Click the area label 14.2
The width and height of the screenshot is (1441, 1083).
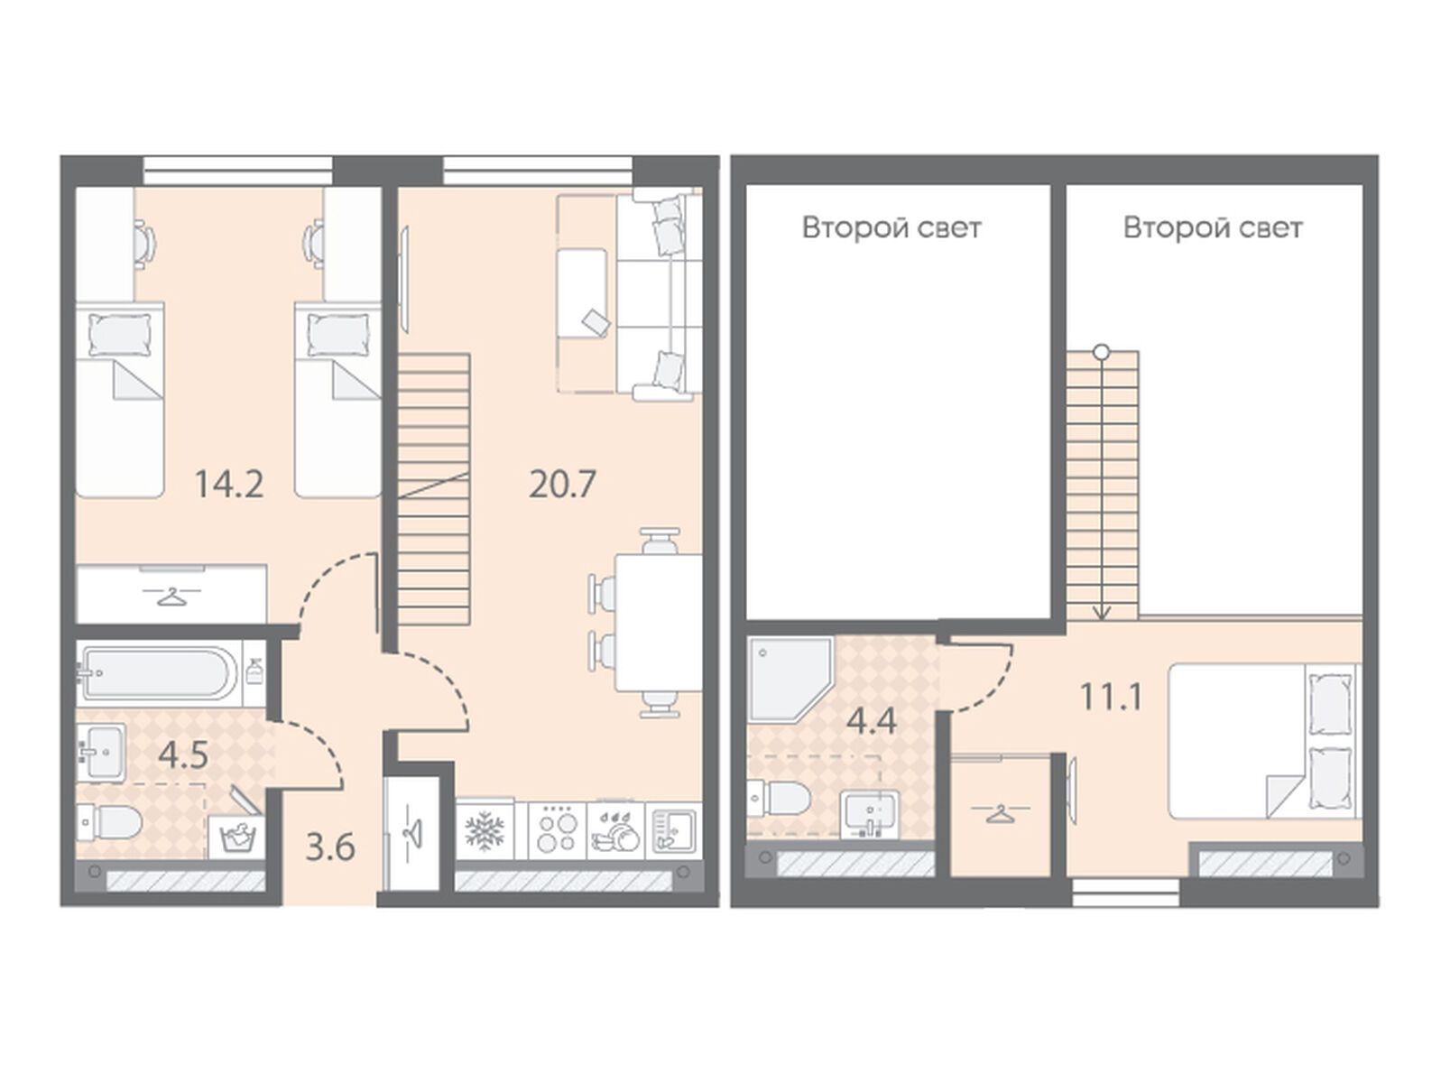(229, 485)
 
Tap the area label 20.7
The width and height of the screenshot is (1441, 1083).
(563, 485)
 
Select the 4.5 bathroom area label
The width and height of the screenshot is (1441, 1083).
(183, 754)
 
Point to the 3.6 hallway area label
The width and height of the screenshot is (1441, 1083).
(330, 847)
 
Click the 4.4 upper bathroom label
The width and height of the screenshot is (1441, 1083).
(871, 721)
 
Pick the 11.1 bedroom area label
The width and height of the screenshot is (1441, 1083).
(1112, 697)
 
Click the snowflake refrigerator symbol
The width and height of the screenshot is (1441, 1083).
(485, 830)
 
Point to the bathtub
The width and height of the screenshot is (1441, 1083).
(158, 673)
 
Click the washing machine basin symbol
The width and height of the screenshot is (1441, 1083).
(236, 837)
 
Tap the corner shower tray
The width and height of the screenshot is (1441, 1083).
(790, 679)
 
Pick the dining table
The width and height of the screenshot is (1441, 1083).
(659, 623)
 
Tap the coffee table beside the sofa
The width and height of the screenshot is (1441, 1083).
(581, 292)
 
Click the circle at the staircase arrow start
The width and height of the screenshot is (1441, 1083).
(1102, 353)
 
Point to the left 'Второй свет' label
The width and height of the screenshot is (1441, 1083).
(892, 227)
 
